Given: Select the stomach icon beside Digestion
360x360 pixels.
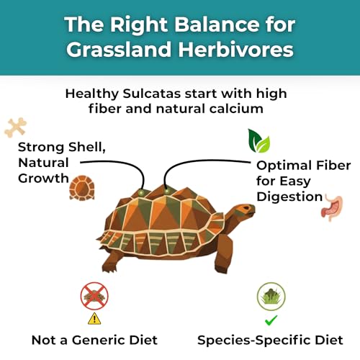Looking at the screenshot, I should tap(333, 206).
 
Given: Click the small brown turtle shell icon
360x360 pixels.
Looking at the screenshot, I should tap(81, 189).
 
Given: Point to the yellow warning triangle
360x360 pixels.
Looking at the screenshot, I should tap(94, 318).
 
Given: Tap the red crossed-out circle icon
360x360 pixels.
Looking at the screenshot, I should tap(94, 296).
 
